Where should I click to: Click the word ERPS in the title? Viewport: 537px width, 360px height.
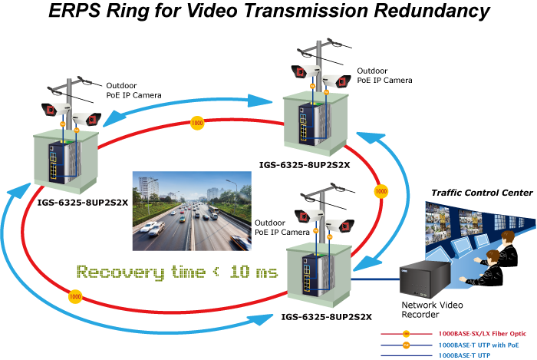click(74, 10)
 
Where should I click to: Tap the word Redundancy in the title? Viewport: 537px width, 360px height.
click(432, 12)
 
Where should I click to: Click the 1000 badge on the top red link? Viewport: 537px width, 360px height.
click(197, 123)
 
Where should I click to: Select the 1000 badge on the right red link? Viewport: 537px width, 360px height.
click(381, 191)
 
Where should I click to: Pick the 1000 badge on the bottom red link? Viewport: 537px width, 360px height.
click(75, 296)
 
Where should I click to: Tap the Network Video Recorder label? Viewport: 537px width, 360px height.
click(432, 309)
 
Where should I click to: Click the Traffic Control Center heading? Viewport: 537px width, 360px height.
click(482, 193)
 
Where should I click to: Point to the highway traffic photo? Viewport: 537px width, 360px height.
click(192, 211)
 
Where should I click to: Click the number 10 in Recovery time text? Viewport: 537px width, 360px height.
click(239, 272)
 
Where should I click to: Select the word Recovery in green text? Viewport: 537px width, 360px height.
click(120, 272)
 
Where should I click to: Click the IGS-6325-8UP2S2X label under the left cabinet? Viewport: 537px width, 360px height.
click(83, 203)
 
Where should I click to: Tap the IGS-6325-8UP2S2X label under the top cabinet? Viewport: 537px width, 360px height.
click(305, 165)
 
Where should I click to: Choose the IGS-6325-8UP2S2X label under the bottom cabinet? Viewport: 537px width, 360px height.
click(326, 317)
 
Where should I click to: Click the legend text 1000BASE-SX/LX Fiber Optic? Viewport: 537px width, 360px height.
click(483, 334)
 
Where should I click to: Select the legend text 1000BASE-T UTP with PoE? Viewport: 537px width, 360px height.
click(479, 345)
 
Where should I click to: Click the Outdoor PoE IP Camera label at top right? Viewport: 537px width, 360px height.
click(384, 76)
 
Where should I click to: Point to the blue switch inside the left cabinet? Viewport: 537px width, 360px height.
click(56, 163)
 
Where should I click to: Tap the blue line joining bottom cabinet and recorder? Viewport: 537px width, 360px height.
click(376, 279)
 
